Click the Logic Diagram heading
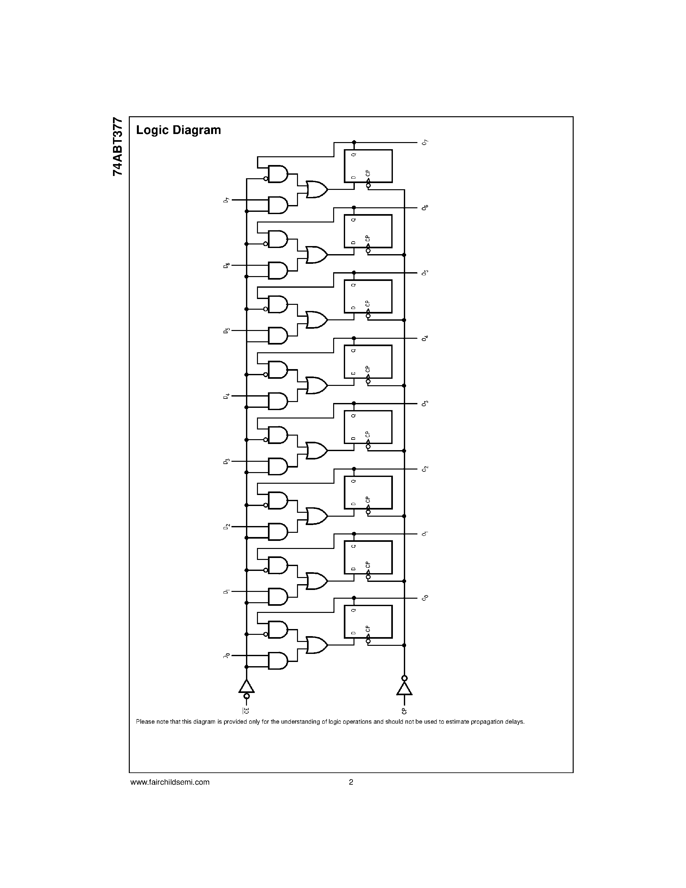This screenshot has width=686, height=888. (179, 130)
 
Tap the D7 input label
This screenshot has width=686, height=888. (226, 200)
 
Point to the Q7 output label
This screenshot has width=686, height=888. (425, 142)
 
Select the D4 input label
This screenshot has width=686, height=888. (226, 396)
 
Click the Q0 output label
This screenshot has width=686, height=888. (425, 598)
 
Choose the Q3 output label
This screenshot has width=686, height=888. (425, 403)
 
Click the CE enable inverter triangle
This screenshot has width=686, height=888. (246, 687)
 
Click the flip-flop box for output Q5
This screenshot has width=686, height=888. (368, 296)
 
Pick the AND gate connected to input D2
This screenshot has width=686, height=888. (278, 532)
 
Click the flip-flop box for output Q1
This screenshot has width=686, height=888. (368, 557)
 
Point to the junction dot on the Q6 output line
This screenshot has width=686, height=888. (354, 208)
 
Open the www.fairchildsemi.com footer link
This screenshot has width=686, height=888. (170, 782)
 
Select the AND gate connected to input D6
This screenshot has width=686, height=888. (278, 270)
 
